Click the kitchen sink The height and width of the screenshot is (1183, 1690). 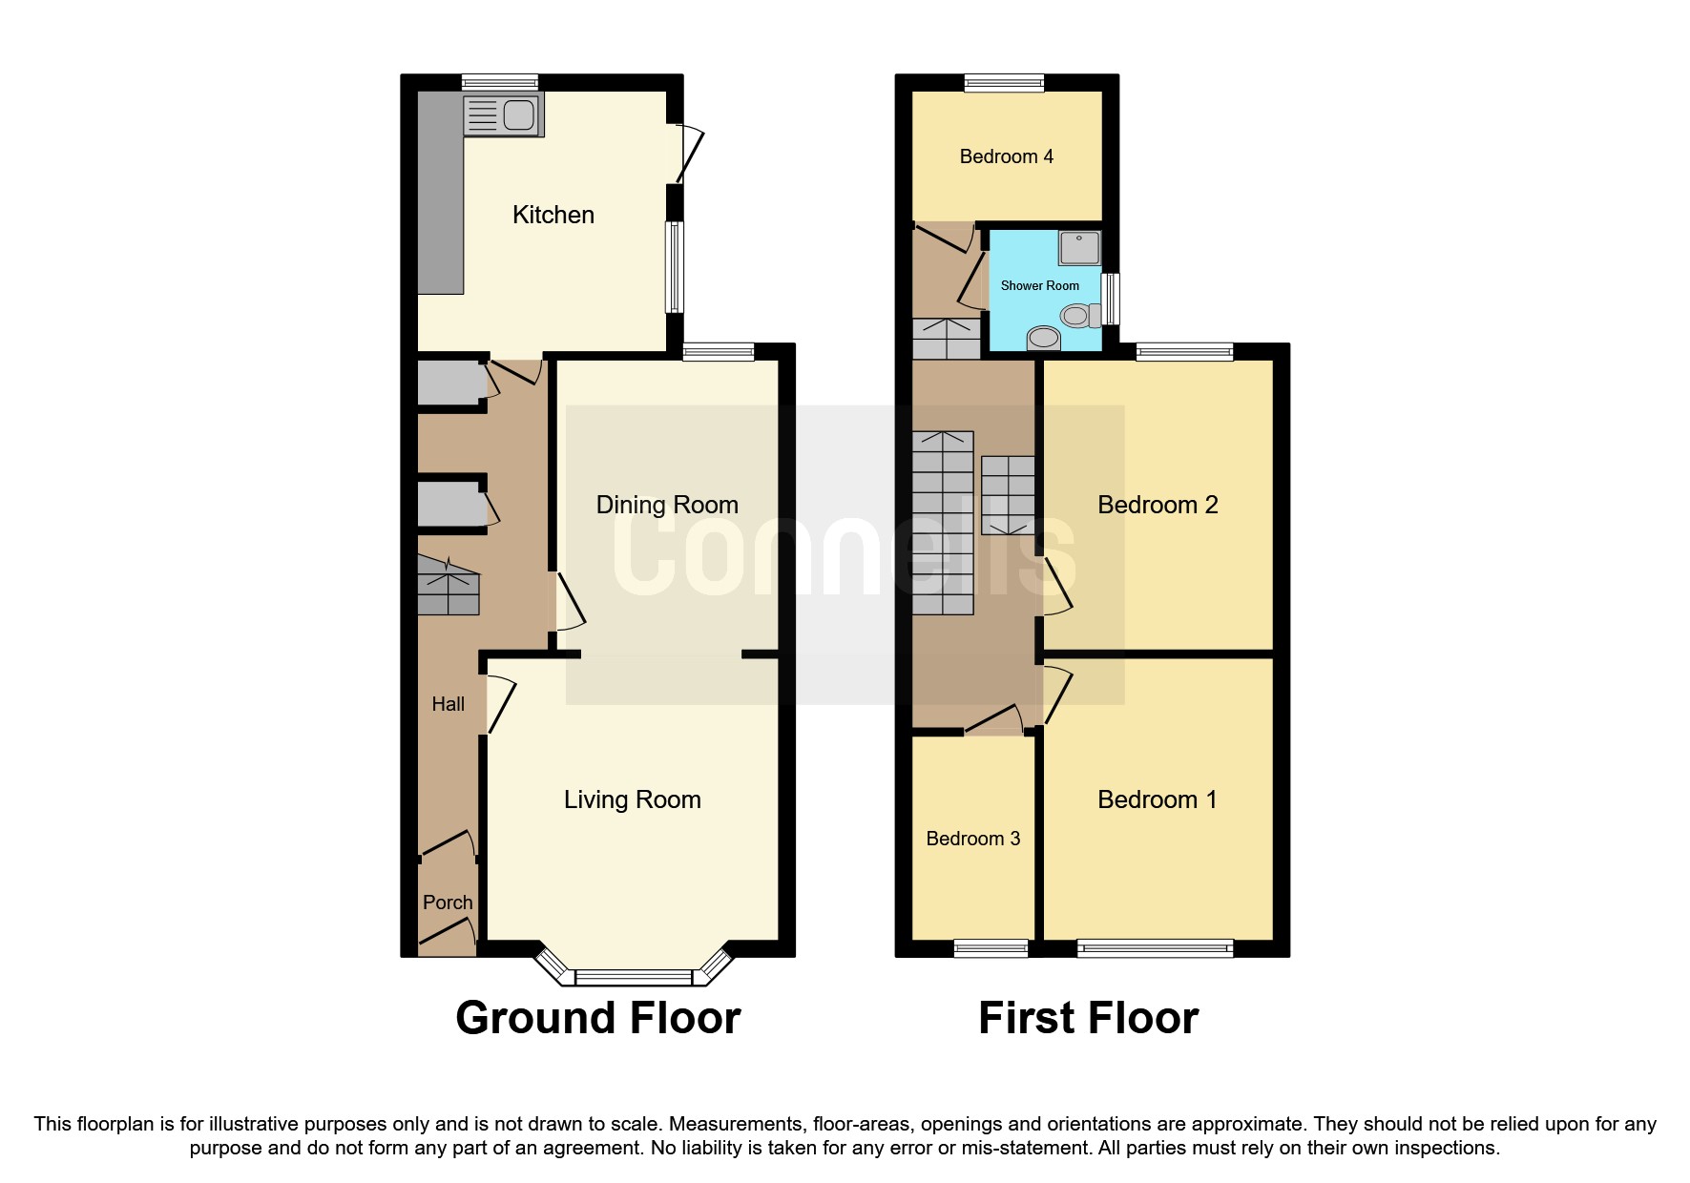coord(503,115)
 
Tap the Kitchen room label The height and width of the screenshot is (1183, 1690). coord(553,215)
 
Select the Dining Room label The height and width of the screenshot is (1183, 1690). coord(667,505)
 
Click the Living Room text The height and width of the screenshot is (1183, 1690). coord(632,799)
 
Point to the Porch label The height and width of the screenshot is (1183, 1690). coord(448,903)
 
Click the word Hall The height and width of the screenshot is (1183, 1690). coord(448,704)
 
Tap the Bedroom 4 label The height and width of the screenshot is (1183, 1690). coord(1006,156)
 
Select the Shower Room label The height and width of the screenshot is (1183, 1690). coord(1039,285)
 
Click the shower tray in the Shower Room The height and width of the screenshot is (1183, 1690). coord(1079,248)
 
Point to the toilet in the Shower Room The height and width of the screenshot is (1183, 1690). coord(1079,315)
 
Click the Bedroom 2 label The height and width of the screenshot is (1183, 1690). coord(1158,505)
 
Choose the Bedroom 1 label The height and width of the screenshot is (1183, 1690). coord(1158,799)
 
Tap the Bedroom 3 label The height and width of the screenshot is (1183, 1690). coord(972,839)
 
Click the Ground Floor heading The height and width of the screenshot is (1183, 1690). coord(597,1018)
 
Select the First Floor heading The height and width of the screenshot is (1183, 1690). coord(1088,1018)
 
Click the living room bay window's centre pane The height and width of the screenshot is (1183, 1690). coord(634,977)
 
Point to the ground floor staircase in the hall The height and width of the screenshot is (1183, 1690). coord(449,586)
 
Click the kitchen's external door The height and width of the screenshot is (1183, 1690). coord(689,154)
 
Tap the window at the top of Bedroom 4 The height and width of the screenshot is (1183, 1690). coord(1004,83)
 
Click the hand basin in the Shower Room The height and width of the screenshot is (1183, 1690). coord(1043,339)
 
